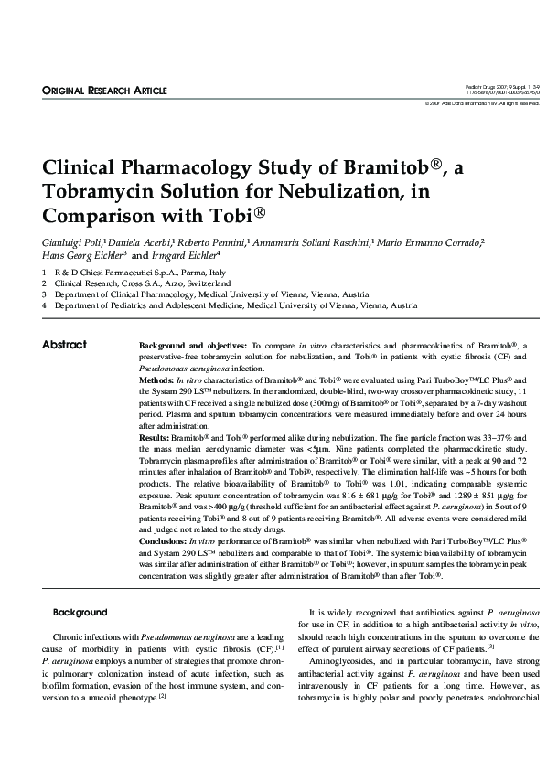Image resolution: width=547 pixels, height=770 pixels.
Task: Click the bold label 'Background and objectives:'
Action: tap(192, 345)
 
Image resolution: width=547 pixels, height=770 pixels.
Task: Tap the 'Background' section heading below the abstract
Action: tap(80, 612)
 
